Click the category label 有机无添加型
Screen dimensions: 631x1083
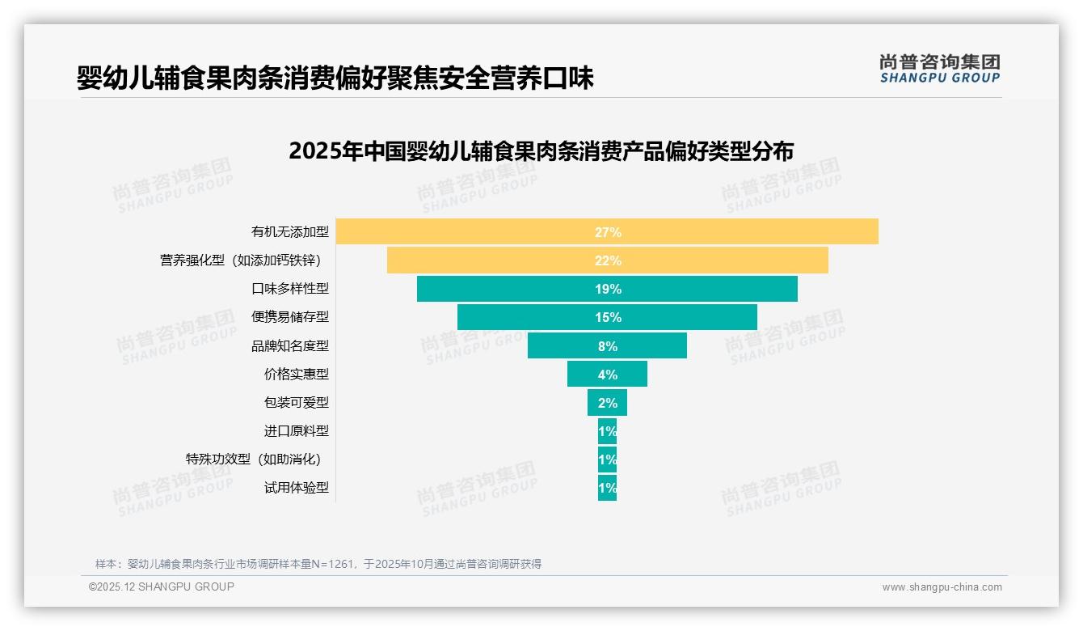point(290,232)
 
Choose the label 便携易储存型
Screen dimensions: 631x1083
point(290,317)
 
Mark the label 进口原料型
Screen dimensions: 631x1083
point(297,430)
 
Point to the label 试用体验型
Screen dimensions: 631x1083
point(297,487)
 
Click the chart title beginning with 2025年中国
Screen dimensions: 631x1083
point(541,151)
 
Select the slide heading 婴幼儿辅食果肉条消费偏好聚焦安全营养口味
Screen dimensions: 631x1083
point(335,78)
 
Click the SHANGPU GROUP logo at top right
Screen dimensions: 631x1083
point(939,69)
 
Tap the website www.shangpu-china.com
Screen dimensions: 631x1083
point(942,587)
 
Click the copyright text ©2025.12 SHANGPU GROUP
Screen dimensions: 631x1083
point(162,587)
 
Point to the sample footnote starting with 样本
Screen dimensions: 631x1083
point(318,564)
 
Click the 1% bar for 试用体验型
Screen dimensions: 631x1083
point(607,487)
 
